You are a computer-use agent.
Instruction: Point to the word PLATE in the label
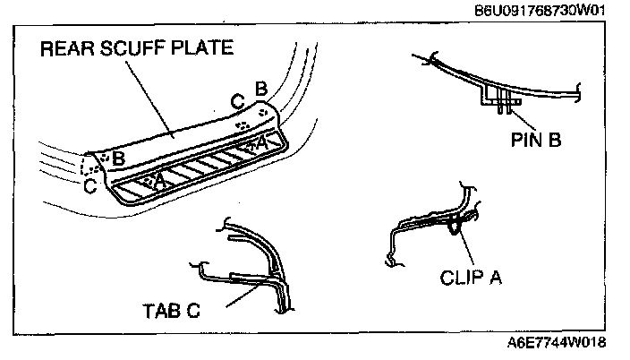pos(203,48)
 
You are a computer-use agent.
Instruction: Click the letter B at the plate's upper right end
pos(260,89)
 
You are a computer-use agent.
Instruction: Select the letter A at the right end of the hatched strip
pos(261,141)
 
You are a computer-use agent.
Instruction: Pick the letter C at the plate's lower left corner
pos(89,185)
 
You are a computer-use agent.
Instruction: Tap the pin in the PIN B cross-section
pos(504,102)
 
